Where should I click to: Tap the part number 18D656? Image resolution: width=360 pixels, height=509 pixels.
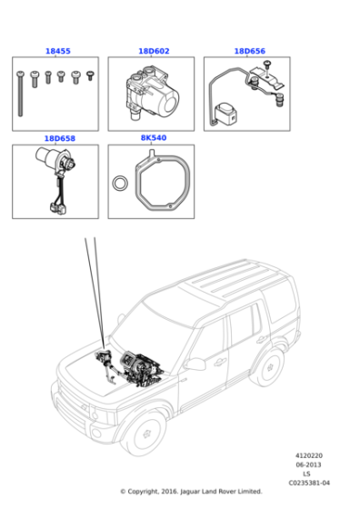tap(249, 52)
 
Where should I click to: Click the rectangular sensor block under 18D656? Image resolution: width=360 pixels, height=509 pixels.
tap(226, 114)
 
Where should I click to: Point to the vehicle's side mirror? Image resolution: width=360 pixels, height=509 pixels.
tap(194, 363)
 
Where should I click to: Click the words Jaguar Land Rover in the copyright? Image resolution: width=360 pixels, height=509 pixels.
tap(208, 492)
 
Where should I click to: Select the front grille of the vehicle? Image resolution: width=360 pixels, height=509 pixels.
tap(78, 401)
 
